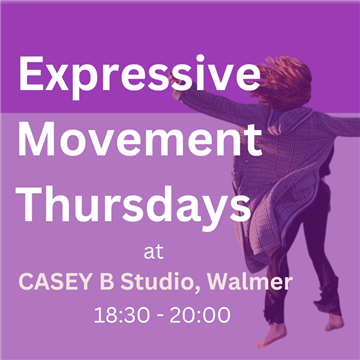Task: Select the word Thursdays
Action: click(x=134, y=205)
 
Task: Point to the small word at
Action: click(x=154, y=253)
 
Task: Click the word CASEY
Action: click(x=54, y=282)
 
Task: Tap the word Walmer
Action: click(x=250, y=282)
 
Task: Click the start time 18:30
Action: click(x=121, y=315)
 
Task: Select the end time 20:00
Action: click(x=200, y=315)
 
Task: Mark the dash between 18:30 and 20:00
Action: click(x=158, y=317)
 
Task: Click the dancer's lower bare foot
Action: click(x=272, y=335)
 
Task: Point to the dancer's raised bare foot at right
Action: click(x=334, y=322)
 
